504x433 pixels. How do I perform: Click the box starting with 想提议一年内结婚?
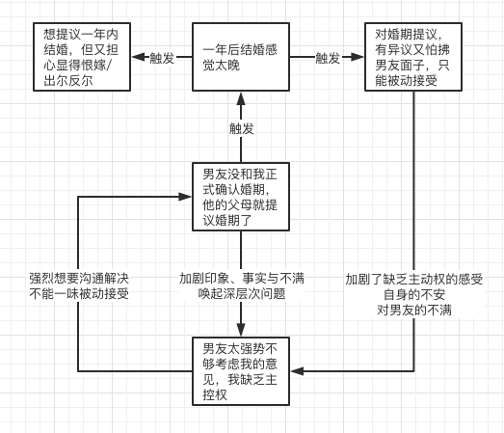tap(82, 57)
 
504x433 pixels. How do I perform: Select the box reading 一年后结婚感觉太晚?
tap(241, 57)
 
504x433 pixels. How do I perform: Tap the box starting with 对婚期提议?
tap(413, 57)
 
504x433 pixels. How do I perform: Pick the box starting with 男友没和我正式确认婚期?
tap(241, 197)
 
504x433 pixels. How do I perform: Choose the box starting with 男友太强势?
tap(241, 371)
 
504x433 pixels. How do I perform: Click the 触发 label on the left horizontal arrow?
tap(162, 58)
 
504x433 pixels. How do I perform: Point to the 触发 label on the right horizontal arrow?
tap(328, 58)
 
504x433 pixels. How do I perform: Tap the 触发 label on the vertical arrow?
tap(241, 128)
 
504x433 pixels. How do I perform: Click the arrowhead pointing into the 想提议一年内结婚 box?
tap(138, 57)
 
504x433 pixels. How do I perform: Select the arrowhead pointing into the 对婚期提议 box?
tap(358, 57)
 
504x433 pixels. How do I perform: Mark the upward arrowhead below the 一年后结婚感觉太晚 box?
tap(241, 98)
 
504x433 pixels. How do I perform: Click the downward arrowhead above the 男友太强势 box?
tap(241, 330)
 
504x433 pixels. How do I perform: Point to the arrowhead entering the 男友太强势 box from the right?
tap(298, 371)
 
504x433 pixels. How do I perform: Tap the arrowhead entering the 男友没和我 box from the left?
tap(185, 197)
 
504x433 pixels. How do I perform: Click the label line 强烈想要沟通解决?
tap(79, 279)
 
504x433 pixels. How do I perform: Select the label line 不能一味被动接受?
tap(79, 294)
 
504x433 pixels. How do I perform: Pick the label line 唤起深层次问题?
tap(242, 294)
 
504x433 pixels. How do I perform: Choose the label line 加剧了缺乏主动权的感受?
tap(414, 280)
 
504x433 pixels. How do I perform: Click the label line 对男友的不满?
tap(414, 311)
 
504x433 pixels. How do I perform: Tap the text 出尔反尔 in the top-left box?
tap(68, 81)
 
